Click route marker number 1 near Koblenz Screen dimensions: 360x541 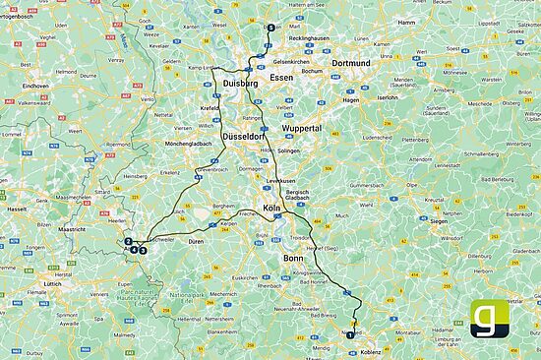click(x=348, y=335)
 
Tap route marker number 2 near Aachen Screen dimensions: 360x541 click(x=129, y=241)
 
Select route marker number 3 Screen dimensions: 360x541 click(x=143, y=250)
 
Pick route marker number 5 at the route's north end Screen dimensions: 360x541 click(x=270, y=29)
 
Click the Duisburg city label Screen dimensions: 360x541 click(x=241, y=86)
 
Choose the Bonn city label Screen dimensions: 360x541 click(x=293, y=259)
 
